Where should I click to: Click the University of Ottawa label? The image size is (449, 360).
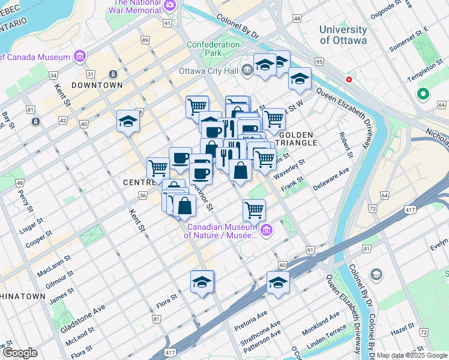(343, 35)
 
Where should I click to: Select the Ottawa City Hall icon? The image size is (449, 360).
(247, 71)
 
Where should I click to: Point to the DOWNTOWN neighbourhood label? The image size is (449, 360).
(97, 85)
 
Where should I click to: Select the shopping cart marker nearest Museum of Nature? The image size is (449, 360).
(255, 210)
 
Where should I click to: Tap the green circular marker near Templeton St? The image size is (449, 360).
(423, 94)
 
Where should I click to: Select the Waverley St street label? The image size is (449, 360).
(289, 167)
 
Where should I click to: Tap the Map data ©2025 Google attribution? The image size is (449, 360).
(412, 355)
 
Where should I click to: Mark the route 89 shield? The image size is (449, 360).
(145, 40)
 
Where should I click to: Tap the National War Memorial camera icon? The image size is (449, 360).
(170, 5)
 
